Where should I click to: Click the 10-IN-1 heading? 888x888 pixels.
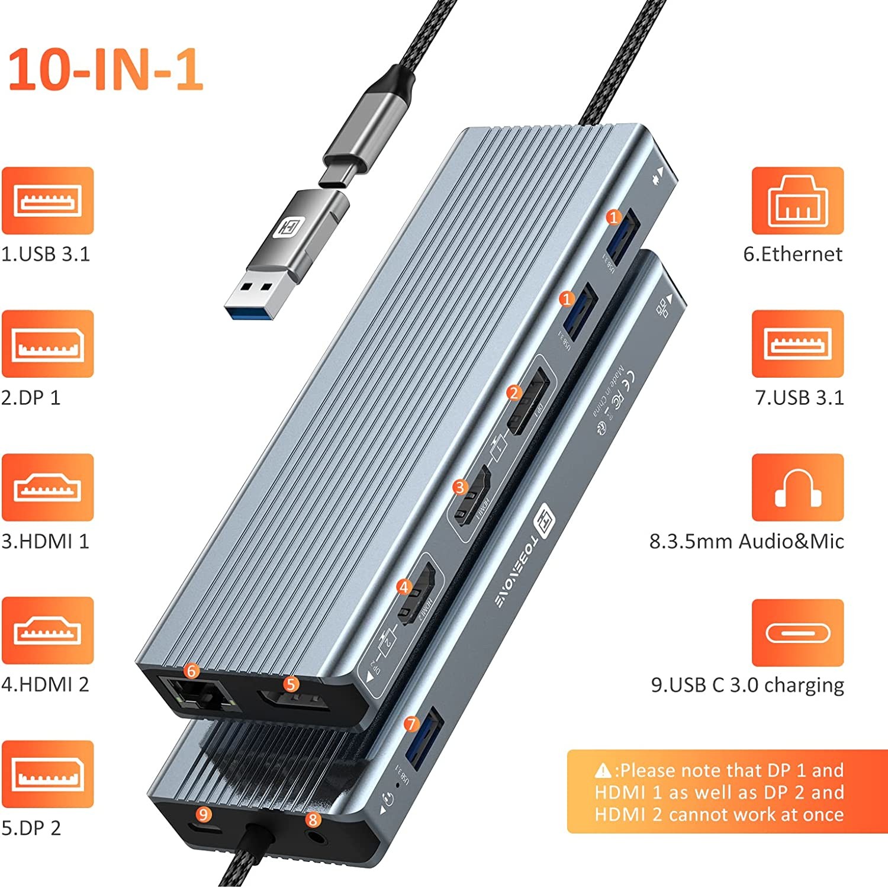click(x=105, y=69)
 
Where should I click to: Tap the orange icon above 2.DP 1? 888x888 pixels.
click(x=47, y=343)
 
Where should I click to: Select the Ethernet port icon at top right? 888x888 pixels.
click(x=797, y=200)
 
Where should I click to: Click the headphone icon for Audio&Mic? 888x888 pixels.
click(x=797, y=487)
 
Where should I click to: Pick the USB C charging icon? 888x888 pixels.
click(x=797, y=632)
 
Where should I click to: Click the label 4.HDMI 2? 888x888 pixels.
click(x=45, y=684)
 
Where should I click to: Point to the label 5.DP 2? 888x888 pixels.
click(x=31, y=828)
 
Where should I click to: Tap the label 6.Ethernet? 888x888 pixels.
click(x=792, y=254)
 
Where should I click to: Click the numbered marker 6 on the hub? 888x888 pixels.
click(x=191, y=671)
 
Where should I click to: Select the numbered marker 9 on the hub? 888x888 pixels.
click(x=204, y=815)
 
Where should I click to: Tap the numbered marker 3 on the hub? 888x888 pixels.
click(x=460, y=487)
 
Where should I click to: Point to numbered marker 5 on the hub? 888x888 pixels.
click(x=290, y=684)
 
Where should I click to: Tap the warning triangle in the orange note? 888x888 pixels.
click(x=603, y=770)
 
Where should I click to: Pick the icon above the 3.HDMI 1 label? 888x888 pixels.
click(x=47, y=487)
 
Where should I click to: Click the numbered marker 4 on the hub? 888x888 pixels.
click(x=404, y=587)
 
